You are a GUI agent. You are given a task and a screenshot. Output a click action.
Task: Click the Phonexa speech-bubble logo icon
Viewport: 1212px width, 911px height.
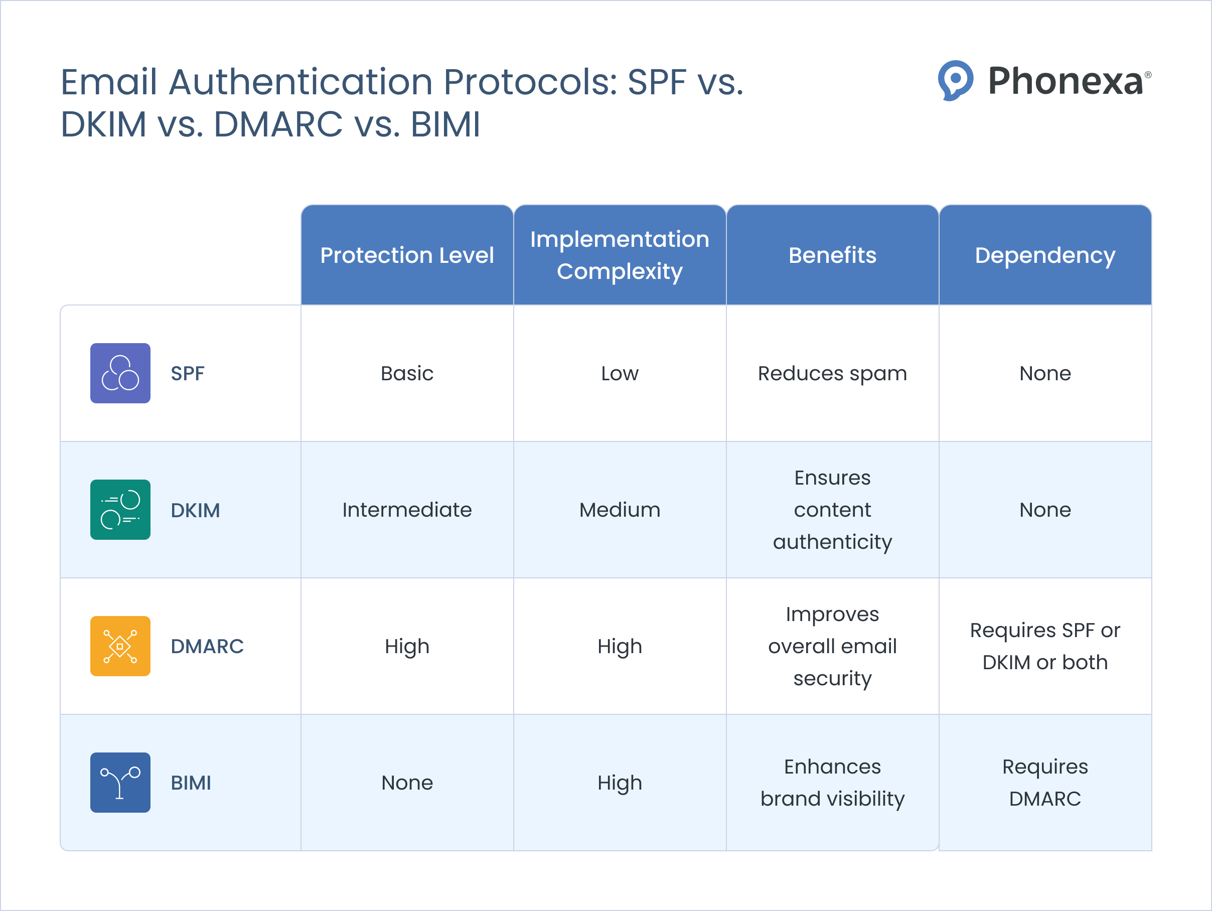(955, 80)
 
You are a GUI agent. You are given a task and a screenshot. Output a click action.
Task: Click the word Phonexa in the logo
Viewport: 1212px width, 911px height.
(1065, 81)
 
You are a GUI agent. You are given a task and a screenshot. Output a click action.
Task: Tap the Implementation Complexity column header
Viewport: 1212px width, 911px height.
(619, 255)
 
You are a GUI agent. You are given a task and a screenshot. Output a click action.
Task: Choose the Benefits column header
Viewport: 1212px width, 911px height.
(832, 255)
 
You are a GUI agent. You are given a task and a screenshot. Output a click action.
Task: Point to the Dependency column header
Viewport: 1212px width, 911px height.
(1044, 255)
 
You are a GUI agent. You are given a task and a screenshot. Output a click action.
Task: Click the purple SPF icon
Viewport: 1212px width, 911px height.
(120, 373)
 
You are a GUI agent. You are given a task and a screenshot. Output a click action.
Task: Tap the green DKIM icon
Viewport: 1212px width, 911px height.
(120, 510)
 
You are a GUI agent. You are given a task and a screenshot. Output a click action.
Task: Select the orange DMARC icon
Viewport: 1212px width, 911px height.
(120, 646)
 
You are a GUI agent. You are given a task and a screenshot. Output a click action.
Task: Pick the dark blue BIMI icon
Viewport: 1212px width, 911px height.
(120, 782)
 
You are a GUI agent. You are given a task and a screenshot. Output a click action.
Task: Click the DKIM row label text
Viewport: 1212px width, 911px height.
(195, 510)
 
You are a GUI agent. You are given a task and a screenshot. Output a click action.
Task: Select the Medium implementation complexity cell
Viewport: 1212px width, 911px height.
(619, 510)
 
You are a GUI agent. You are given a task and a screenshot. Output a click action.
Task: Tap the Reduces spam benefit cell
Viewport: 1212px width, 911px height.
(832, 373)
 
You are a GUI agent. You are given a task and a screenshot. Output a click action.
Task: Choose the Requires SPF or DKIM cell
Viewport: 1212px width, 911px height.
(1044, 646)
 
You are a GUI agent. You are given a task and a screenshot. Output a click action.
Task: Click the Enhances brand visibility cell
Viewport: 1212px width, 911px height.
(832, 782)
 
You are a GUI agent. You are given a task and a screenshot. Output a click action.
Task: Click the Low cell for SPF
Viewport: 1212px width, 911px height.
(619, 373)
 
